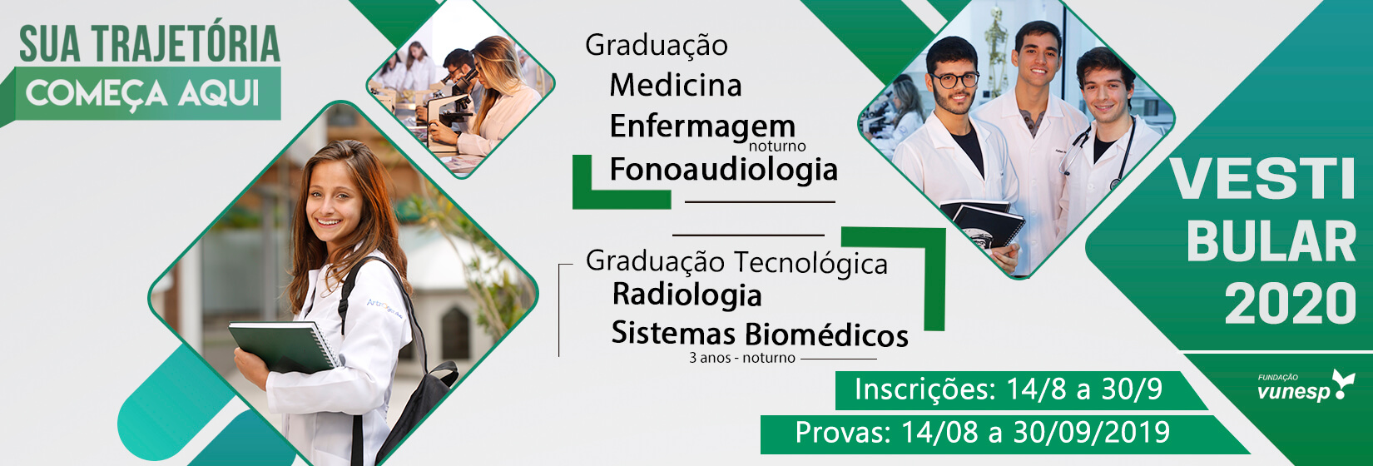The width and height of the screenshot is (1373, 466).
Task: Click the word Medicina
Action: point(676,85)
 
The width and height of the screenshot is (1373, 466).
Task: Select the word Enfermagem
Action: point(702,126)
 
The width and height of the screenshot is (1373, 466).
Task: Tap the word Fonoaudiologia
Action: point(723,169)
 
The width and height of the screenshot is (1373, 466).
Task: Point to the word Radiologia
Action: point(687,295)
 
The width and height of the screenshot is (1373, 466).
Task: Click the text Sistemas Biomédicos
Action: point(760,334)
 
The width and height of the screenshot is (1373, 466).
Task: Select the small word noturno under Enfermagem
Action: point(777,146)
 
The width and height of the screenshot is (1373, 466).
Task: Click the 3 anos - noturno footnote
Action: point(742,358)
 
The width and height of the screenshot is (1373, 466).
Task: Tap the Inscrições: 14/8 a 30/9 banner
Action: point(1009,390)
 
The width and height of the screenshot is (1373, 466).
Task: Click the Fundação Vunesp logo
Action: point(1306,386)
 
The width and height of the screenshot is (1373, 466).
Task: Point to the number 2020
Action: point(1291,303)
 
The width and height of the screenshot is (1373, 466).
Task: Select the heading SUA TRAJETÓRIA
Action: point(150,44)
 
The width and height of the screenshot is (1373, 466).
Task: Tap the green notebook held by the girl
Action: point(283,347)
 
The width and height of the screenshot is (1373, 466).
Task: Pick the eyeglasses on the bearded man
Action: point(954,80)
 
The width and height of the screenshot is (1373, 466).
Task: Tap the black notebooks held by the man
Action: point(981,224)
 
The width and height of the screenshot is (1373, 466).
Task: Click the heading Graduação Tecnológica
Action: point(736,262)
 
